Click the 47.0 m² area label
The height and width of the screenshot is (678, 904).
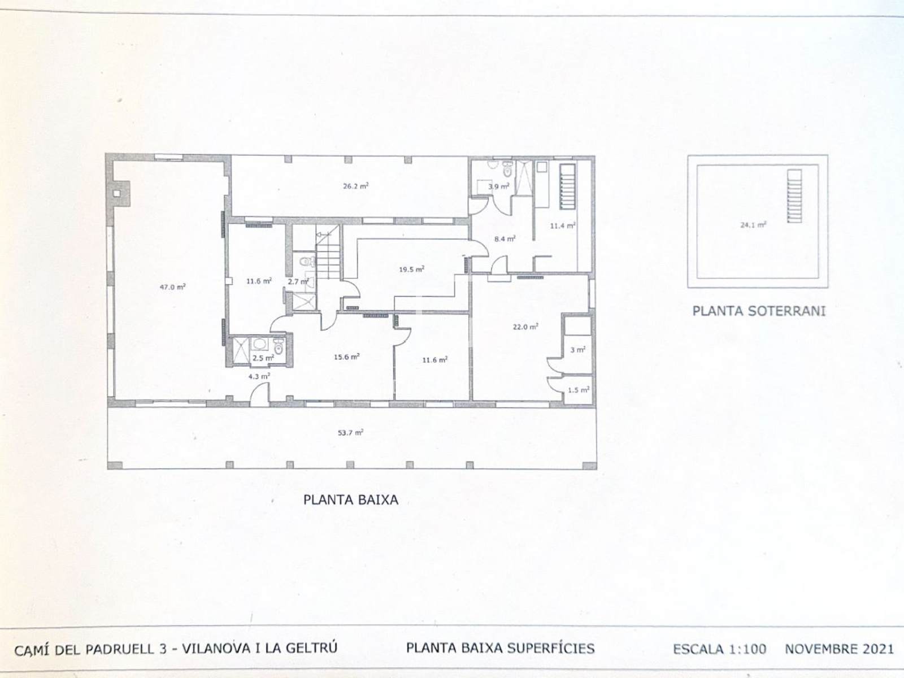pos(172,286)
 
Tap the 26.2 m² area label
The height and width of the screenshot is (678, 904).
pos(356,186)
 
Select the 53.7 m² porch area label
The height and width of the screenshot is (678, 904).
pos(350,433)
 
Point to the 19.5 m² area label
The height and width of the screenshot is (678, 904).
pos(411,270)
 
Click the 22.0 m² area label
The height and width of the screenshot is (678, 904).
pos(525,327)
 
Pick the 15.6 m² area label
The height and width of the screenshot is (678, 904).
pos(347,357)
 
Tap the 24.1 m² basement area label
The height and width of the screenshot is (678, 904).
pos(753,225)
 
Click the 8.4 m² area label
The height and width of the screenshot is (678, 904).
pos(505,238)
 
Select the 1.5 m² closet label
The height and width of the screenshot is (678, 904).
pos(579,389)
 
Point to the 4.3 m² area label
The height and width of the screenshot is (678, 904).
pos(259,376)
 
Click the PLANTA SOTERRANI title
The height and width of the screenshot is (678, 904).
pos(759,311)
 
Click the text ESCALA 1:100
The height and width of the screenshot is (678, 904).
pos(719,649)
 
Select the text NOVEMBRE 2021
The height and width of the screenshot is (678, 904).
pos(840,649)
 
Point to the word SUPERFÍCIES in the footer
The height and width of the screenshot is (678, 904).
pos(551,648)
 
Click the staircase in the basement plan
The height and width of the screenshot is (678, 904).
pos(794,196)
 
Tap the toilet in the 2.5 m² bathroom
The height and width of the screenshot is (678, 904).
pos(279,346)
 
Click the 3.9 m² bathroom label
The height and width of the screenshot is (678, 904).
pos(499,186)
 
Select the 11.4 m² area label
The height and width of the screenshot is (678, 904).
pos(563,225)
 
